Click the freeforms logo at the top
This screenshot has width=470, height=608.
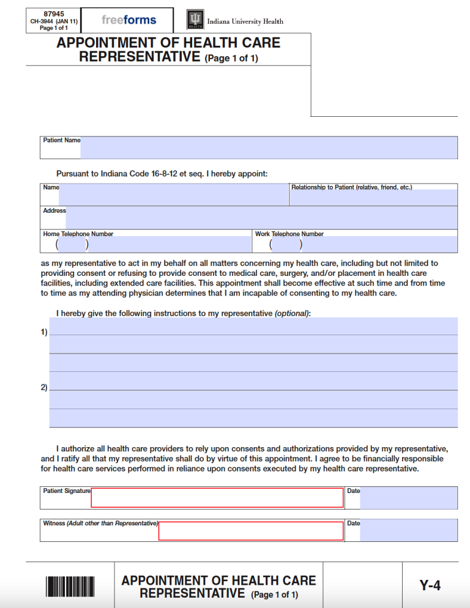point(129,20)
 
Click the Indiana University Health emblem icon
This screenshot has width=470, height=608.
point(195,20)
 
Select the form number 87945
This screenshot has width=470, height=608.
point(54,13)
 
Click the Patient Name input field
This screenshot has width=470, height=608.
point(268,147)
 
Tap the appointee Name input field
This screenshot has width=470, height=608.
point(173,195)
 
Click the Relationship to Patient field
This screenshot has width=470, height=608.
point(373,198)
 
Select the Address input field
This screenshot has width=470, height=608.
point(261,218)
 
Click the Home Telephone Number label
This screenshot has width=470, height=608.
point(78,234)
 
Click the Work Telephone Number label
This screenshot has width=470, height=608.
point(289,234)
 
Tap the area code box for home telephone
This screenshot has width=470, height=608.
point(72,245)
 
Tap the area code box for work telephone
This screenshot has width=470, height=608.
point(286,245)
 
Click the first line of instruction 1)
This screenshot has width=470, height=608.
point(253,327)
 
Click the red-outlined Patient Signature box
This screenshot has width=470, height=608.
point(217,498)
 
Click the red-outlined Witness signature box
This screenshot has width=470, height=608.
point(251,531)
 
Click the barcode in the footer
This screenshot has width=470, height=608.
point(70,587)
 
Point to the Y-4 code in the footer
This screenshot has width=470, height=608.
point(430,585)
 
